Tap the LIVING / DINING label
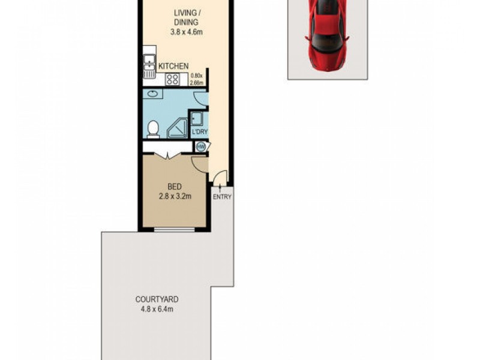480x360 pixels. point(187,17)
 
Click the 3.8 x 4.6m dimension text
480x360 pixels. point(187,32)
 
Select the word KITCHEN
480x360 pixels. point(174,66)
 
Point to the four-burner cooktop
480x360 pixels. point(173,79)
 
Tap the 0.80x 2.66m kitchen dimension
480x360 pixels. point(197,79)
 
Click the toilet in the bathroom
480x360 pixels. point(153,129)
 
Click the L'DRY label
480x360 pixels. point(199,132)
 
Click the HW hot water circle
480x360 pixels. point(200,146)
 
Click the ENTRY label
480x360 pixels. point(222,197)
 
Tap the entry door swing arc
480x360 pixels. point(220,178)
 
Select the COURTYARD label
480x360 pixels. point(157,299)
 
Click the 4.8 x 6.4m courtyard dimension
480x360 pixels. point(157,310)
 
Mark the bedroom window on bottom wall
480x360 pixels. point(175,229)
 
